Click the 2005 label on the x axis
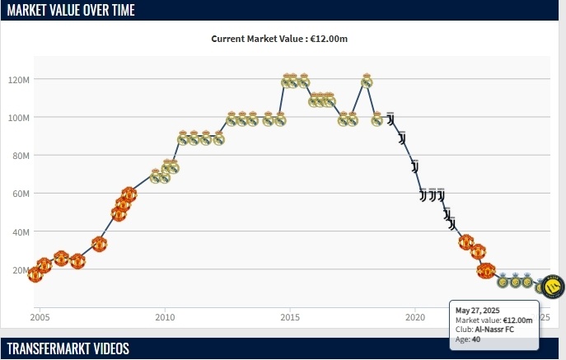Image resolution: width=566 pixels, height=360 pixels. pyautogui.click(x=40, y=316)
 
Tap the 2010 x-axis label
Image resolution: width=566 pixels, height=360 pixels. pyautogui.click(x=165, y=316)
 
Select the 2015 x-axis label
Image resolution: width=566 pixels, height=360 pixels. pyautogui.click(x=289, y=316)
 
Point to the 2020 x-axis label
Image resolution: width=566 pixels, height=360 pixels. pyautogui.click(x=414, y=316)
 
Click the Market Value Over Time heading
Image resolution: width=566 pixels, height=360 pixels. pyautogui.click(x=71, y=10)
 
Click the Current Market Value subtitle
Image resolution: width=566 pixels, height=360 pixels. pyautogui.click(x=285, y=39)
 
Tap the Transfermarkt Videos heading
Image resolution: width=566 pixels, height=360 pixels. pyautogui.click(x=68, y=348)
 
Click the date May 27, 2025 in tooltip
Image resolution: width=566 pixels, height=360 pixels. pyautogui.click(x=479, y=310)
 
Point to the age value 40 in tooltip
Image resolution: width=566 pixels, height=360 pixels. pyautogui.click(x=476, y=339)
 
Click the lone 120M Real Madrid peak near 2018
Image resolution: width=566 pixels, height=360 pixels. pyautogui.click(x=367, y=81)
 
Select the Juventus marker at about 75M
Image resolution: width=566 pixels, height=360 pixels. pyautogui.click(x=415, y=166)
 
